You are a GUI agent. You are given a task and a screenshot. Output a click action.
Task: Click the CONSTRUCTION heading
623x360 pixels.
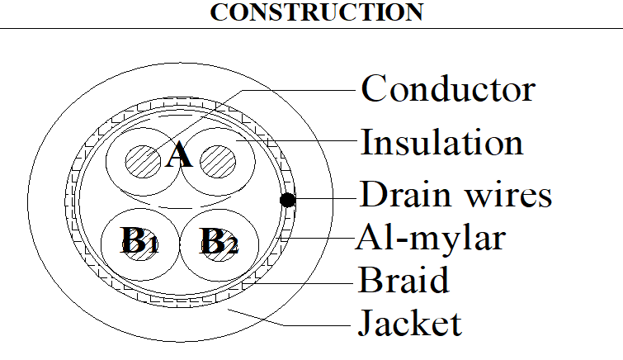click(x=317, y=12)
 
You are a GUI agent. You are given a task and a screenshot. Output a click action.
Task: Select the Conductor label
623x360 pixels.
click(x=448, y=88)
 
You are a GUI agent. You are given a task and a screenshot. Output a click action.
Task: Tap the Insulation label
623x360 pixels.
click(x=441, y=142)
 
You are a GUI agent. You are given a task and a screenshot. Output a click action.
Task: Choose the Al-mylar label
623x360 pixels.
click(x=431, y=238)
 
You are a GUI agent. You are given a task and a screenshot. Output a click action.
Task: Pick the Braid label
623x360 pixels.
click(x=404, y=280)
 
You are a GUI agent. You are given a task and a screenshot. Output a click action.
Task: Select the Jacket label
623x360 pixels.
click(x=410, y=323)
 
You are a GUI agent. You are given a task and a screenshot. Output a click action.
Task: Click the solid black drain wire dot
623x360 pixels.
click(x=288, y=200)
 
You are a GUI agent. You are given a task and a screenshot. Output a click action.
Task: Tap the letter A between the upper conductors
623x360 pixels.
click(x=179, y=154)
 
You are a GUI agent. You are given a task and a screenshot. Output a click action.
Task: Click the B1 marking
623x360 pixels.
click(x=139, y=240)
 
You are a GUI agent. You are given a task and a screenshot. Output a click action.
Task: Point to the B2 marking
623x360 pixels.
click(x=219, y=241)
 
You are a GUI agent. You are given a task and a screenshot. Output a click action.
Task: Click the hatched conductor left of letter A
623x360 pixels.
click(x=143, y=161)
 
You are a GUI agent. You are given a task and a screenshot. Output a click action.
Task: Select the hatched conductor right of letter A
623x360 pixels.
click(x=218, y=161)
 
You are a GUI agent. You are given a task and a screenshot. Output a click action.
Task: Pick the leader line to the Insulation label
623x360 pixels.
click(x=296, y=140)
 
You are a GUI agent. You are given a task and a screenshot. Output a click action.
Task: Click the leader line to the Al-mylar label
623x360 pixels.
click(x=317, y=238)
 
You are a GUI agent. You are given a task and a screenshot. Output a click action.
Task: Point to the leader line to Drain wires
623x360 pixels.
click(x=326, y=198)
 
